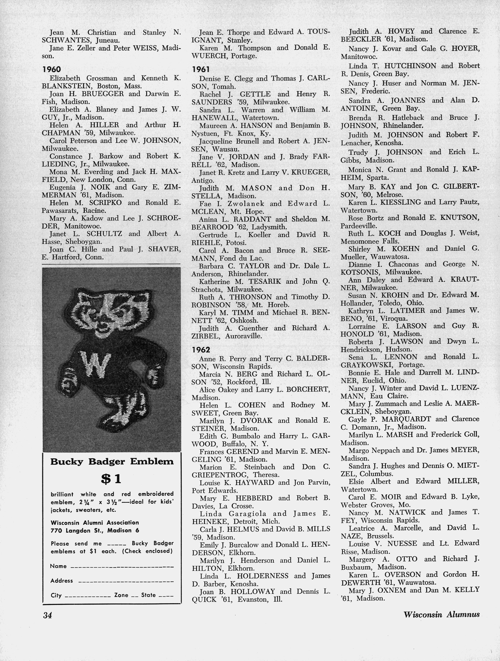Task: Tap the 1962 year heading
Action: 201,350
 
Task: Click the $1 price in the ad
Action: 111,479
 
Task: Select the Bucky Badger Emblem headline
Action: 112,462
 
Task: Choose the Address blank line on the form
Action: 126,581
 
